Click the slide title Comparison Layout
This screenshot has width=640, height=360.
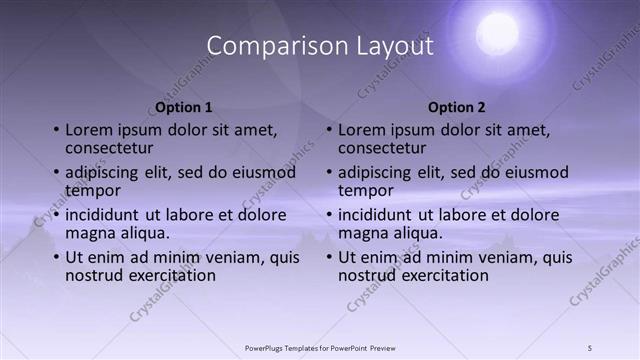coord(320,46)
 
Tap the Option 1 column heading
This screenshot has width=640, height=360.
coord(184,107)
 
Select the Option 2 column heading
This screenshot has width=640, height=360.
coord(457,107)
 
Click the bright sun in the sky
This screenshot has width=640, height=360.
coord(497,34)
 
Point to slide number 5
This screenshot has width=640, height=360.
coord(590,347)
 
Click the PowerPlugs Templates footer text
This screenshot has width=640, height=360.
coord(320,347)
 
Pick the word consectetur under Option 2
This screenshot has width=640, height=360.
coord(382,148)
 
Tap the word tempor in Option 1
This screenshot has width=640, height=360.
coord(93,190)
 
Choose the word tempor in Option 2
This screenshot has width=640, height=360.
coord(366,190)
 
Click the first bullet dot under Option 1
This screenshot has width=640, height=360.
coord(56,130)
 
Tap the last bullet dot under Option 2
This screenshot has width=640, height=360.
coord(329,257)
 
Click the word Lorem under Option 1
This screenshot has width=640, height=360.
coord(88,130)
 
